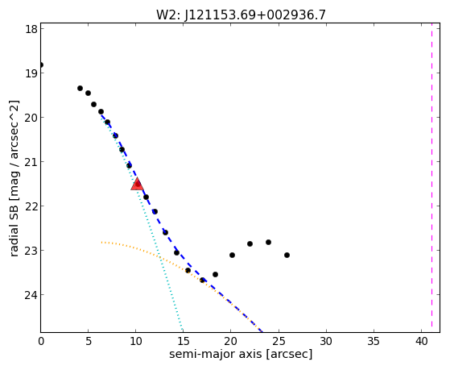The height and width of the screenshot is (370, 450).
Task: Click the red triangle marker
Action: point(137,185)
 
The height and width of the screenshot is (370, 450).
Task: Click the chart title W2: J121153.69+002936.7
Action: point(241,15)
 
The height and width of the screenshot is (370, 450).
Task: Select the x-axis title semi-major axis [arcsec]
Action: point(241,354)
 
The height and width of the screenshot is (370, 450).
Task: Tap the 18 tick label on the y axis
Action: point(31,29)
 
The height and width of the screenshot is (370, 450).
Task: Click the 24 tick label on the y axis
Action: point(31,295)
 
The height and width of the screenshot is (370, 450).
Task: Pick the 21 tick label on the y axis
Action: point(31,161)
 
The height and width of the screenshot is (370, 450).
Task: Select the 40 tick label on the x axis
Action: point(421,341)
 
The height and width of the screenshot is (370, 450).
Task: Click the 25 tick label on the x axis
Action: point(279,341)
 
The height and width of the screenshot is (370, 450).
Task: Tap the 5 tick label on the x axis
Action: point(89,341)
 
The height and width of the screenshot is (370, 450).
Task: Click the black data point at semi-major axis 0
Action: point(41,64)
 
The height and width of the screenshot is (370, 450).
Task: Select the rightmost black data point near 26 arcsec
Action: point(287,255)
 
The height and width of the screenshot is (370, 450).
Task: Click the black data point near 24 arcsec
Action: point(268,243)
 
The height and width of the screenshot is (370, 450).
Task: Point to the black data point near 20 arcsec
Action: point(232,255)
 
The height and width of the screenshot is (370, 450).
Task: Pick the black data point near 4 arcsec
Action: point(80,88)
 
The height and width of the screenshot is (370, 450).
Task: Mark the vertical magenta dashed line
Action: point(431,177)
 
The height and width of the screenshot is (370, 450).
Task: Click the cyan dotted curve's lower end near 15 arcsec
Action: point(182,331)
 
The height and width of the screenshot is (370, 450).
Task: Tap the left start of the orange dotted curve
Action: point(102,243)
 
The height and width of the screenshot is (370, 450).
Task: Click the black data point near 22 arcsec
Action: point(250,243)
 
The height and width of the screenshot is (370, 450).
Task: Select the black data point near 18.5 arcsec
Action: point(215,275)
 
